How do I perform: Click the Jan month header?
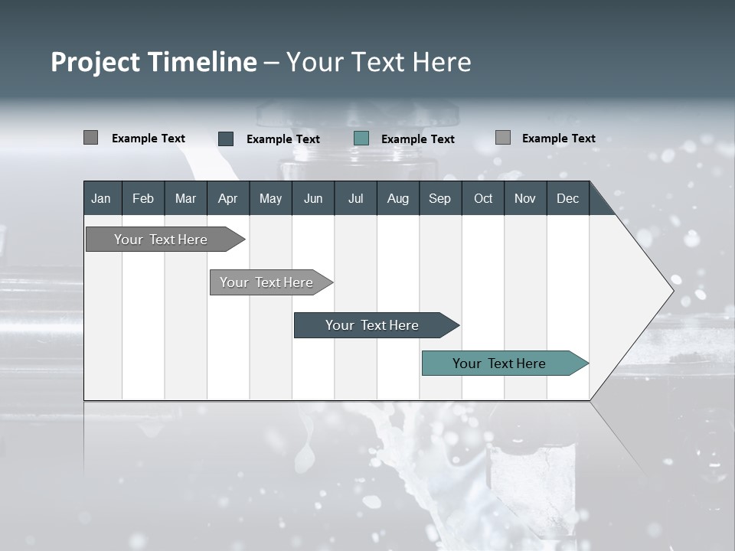click(x=102, y=198)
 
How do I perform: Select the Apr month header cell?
click(x=228, y=198)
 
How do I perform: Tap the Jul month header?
click(x=355, y=198)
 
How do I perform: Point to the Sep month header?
click(x=440, y=198)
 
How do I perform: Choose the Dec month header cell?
click(x=568, y=198)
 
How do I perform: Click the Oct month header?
click(x=483, y=198)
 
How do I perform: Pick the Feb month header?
click(x=143, y=198)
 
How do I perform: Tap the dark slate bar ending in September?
click(x=373, y=325)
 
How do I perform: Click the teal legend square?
click(x=361, y=139)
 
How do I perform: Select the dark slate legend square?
click(x=226, y=139)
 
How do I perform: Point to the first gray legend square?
click(x=90, y=138)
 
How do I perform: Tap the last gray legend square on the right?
click(x=503, y=138)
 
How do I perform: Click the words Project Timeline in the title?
click(x=154, y=62)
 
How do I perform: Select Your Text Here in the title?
click(x=379, y=62)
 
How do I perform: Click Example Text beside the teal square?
click(x=418, y=139)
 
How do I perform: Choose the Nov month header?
click(x=525, y=198)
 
